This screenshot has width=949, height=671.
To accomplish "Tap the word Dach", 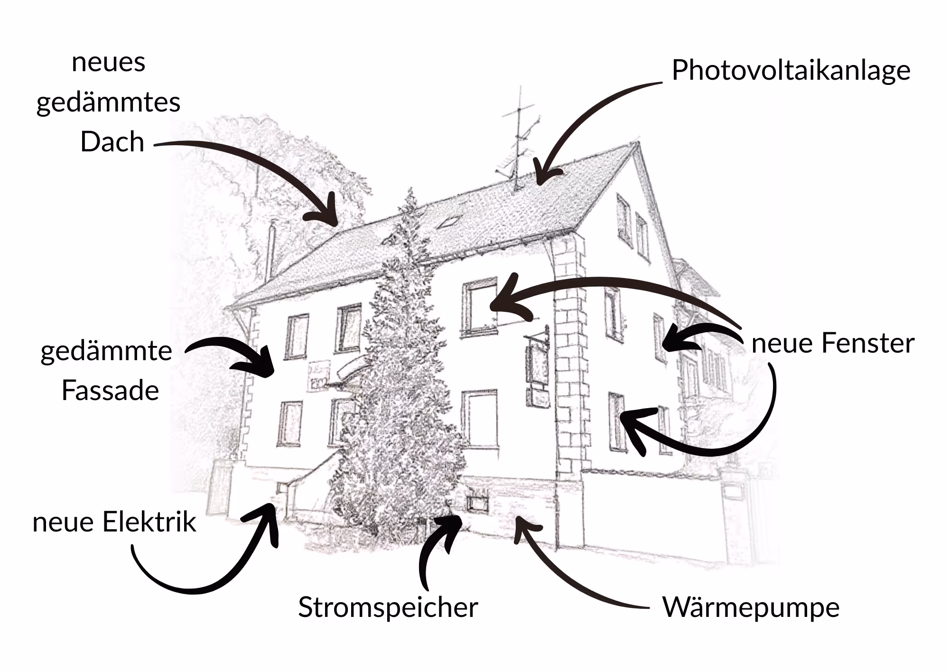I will [x=112, y=141].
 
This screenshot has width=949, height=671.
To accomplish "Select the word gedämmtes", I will [x=108, y=103].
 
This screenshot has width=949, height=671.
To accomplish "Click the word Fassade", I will [x=110, y=391].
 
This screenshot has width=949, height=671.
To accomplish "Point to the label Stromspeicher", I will [x=388, y=607].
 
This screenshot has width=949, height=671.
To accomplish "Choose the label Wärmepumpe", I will [x=751, y=607].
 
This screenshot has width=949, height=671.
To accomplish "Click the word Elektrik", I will [x=149, y=522].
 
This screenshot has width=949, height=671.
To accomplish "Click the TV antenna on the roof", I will [x=518, y=138].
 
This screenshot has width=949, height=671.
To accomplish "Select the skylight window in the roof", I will [x=448, y=222].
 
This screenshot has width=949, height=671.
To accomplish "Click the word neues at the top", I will [x=108, y=62].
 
